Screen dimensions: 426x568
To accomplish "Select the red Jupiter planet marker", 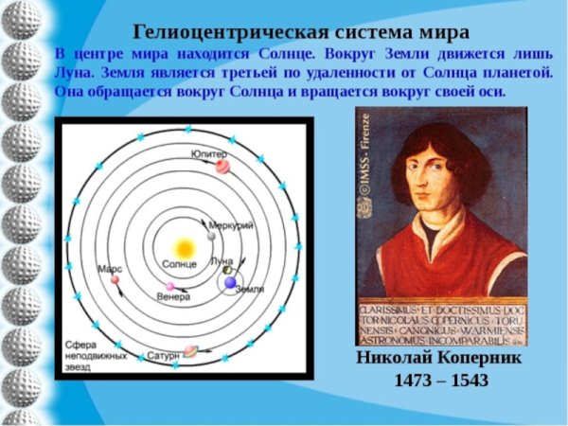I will pos(223,167).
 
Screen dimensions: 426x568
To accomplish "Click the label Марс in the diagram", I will pos(110,269).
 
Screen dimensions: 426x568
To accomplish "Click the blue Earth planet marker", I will pos(231,282).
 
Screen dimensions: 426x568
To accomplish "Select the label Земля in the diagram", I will pos(249,288).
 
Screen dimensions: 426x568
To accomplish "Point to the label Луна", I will pos(221,259).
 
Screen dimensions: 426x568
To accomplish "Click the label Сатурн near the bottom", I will pos(162,357).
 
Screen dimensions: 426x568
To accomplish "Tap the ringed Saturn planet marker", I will pos(189,350).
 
